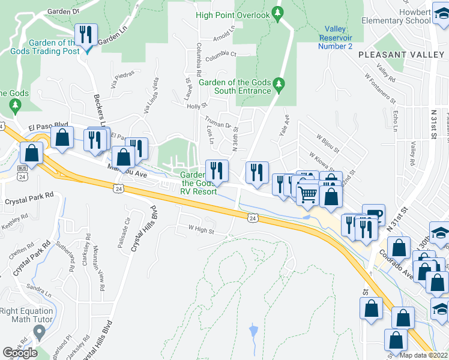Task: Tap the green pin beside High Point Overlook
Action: pos(277,13)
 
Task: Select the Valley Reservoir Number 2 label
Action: pos(335,37)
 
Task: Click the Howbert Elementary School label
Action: pos(396,16)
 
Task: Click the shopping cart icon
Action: pos(307,194)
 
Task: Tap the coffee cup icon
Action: pos(373,213)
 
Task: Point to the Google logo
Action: pos(20,353)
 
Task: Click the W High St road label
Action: pos(202,228)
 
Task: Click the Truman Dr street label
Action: pos(218,124)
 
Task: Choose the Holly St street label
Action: pos(196,106)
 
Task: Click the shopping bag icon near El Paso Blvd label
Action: pos(62,137)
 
